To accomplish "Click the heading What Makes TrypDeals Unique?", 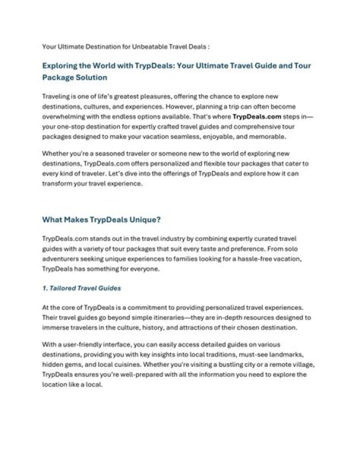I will point(101,219).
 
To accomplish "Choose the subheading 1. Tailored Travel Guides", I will point(81,288).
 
